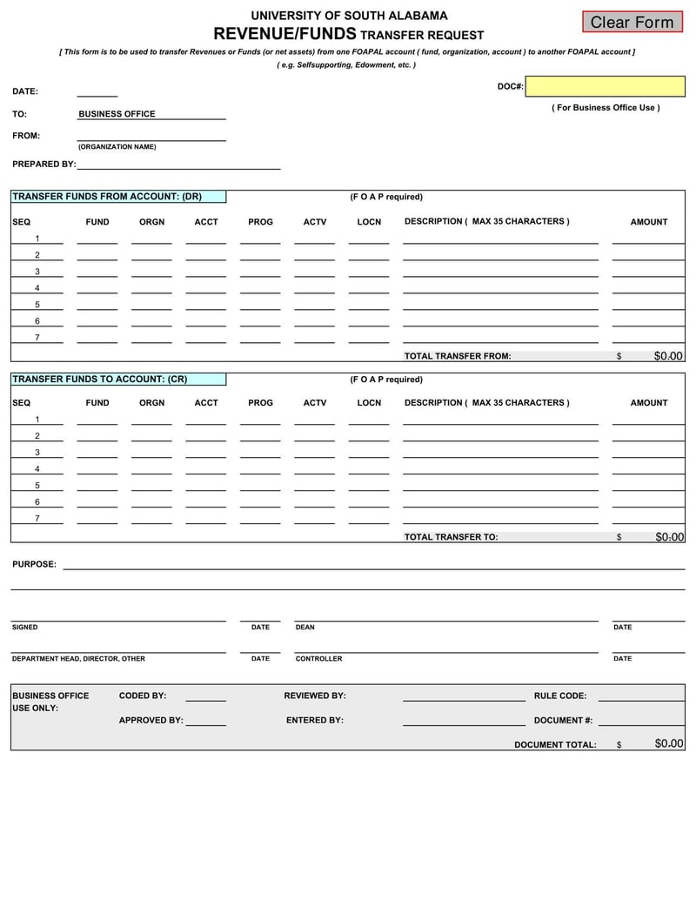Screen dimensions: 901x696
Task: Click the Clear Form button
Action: [x=632, y=22]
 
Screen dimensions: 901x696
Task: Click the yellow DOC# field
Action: [x=605, y=86]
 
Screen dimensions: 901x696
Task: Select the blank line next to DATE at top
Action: [x=97, y=92]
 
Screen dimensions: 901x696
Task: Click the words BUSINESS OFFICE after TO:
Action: [x=117, y=114]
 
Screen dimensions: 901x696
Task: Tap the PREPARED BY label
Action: [x=43, y=164]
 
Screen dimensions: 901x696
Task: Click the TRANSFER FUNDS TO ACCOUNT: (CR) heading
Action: [x=99, y=380]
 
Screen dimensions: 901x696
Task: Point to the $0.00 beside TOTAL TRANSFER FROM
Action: [x=668, y=356]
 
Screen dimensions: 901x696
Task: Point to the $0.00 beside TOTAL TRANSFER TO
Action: [x=669, y=537]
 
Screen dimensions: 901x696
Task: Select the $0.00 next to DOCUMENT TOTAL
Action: [x=669, y=743]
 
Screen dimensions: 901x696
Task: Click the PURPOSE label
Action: [x=34, y=564]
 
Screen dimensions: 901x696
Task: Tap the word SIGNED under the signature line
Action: [x=24, y=627]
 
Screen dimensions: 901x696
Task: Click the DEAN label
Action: [x=304, y=627]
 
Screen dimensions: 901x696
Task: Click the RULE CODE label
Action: [x=559, y=696]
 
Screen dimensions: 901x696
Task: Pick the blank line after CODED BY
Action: [x=205, y=697]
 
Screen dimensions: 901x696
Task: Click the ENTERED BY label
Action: [x=314, y=720]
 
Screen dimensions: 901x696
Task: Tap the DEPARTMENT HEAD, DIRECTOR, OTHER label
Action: [x=78, y=658]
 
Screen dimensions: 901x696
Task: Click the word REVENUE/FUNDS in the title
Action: [x=284, y=34]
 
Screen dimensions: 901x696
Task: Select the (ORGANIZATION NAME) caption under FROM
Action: [x=117, y=146]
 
